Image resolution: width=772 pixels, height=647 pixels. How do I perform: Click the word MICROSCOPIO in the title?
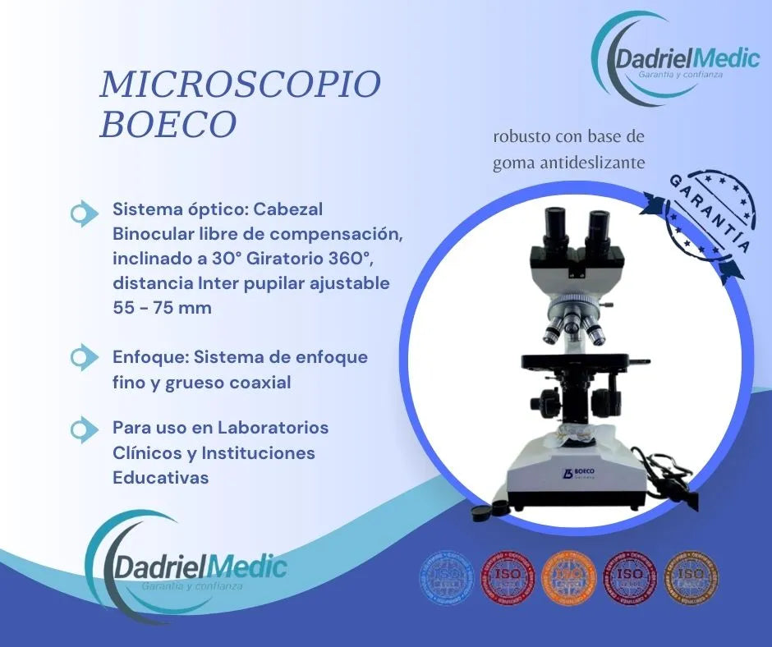pyautogui.click(x=241, y=84)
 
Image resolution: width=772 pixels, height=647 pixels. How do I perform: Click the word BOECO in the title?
pyautogui.click(x=168, y=123)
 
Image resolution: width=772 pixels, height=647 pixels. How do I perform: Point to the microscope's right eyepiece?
pyautogui.click(x=598, y=223)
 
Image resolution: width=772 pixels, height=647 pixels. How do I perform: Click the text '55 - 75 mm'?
pyautogui.click(x=162, y=309)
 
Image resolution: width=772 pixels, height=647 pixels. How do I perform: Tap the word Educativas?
pyautogui.click(x=160, y=478)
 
